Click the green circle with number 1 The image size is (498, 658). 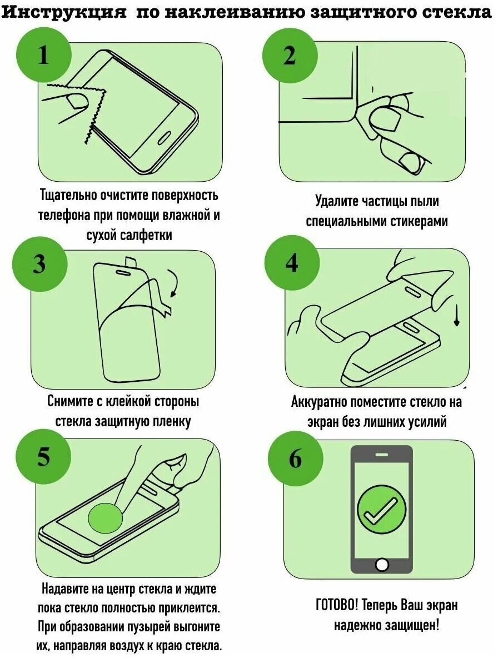point(44,56)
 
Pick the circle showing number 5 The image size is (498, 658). point(44,457)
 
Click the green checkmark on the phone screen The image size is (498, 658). point(381,508)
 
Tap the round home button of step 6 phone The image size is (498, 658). point(382,565)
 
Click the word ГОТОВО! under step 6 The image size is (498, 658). point(336,605)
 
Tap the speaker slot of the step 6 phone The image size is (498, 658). point(381,455)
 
